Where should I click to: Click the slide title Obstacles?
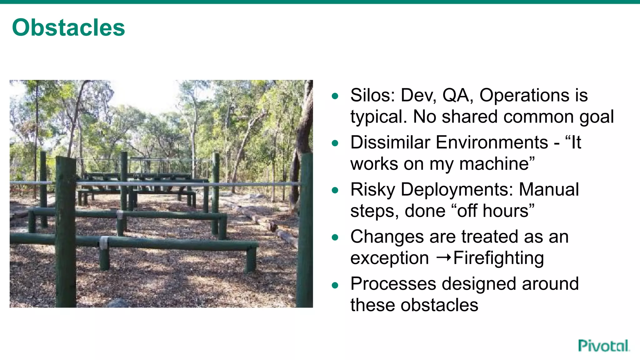68,28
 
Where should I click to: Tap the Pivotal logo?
603,346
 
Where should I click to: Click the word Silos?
372,95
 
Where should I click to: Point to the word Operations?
524,95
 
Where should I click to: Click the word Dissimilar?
390,142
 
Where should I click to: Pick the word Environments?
492,142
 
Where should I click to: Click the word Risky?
373,190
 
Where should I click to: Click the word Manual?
549,190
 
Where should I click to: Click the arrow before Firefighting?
444,257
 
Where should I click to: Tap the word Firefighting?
498,258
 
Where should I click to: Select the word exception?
389,258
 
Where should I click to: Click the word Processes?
393,284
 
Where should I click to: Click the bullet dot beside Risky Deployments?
335,190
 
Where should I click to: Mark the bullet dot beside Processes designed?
335,285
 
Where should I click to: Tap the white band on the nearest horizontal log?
104,243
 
